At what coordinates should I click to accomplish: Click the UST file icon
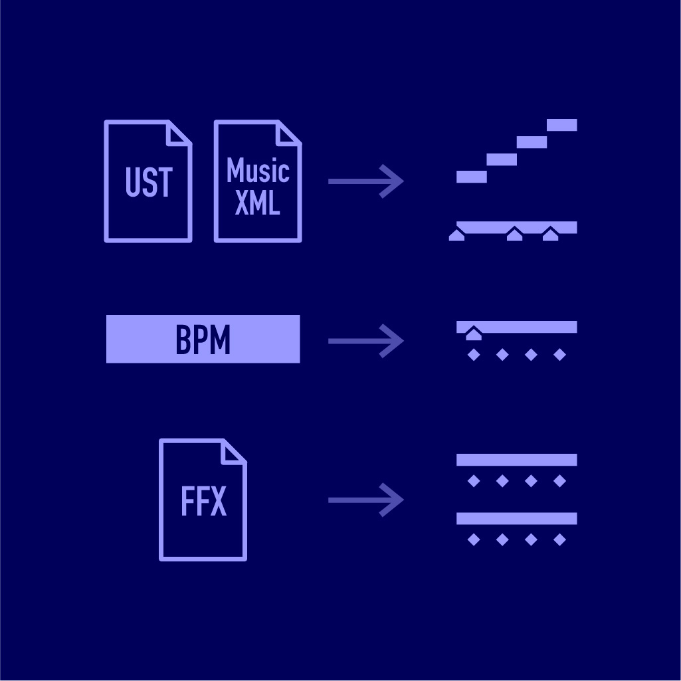148,181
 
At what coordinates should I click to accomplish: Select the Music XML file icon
258,181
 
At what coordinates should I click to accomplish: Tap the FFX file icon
203,500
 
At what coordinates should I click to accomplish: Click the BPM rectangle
203,339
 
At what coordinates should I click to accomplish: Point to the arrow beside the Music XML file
366,181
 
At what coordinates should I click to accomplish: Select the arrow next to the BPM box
366,341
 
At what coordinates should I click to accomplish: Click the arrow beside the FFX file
366,500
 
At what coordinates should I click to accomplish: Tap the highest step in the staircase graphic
561,125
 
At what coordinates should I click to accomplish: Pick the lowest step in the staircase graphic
471,177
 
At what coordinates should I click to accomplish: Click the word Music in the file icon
258,171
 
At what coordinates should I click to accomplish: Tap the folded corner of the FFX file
234,452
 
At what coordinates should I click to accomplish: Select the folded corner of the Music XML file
289,133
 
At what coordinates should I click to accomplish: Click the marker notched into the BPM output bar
473,334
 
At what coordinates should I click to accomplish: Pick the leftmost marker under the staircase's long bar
456,235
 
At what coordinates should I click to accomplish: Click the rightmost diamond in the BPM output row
559,355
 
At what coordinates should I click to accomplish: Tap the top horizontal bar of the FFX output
516,460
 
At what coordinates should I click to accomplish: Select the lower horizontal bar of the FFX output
516,518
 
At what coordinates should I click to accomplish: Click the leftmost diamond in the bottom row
474,539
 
